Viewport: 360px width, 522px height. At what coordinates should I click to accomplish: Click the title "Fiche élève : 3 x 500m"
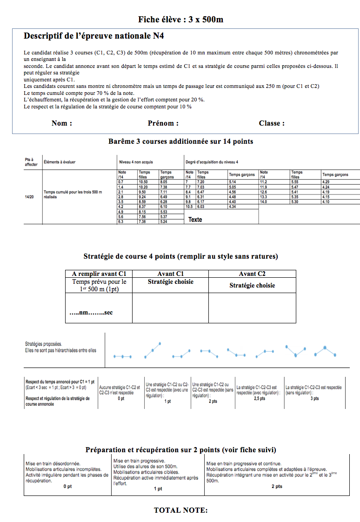(x=180, y=19)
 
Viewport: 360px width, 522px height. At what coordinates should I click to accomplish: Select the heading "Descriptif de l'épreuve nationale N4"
(x=93, y=36)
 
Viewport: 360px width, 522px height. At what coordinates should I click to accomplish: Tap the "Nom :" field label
(x=61, y=123)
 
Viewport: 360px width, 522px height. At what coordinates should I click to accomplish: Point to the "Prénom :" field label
(x=163, y=123)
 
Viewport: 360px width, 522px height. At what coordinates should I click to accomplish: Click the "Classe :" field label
(x=272, y=123)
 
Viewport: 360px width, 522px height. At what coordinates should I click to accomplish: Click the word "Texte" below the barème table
(x=195, y=220)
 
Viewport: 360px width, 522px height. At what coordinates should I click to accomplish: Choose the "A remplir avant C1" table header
(x=99, y=274)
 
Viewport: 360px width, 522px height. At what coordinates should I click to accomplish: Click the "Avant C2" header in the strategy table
(x=252, y=274)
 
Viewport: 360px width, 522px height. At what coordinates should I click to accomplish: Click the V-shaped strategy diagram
(x=296, y=351)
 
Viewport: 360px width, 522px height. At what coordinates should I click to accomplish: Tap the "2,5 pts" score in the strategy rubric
(x=259, y=398)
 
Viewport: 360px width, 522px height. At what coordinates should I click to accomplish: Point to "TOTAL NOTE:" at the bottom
(x=180, y=510)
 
